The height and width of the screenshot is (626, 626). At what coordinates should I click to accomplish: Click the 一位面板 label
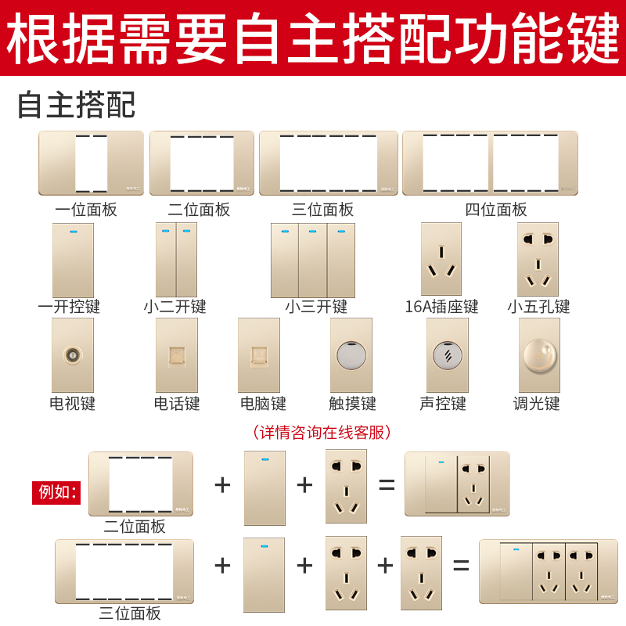coord(86,210)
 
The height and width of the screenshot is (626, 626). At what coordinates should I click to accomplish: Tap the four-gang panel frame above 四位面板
coord(490,163)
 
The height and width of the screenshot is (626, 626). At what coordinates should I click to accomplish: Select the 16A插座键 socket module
coord(441,259)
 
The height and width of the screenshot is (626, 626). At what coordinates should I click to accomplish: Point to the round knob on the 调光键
coord(538,355)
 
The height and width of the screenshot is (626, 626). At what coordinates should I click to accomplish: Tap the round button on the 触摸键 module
coord(351,355)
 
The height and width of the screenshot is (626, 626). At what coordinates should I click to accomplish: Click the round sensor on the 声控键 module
coord(448,355)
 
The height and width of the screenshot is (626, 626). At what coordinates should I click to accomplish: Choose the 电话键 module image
coord(177,355)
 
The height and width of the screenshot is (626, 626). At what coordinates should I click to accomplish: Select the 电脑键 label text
coord(263,404)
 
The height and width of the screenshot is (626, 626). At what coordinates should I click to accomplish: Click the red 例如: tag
coord(56,492)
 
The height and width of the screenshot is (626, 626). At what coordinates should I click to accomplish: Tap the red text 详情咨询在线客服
coord(322,432)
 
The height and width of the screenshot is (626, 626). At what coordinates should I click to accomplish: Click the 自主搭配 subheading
coord(76,105)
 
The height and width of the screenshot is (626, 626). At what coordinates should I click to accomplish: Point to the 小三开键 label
coord(315,307)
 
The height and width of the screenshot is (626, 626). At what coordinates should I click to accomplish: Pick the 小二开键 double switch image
coord(176,260)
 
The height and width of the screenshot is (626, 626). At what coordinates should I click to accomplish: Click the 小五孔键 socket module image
coord(538,259)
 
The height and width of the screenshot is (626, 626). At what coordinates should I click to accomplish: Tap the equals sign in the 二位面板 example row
coord(387,485)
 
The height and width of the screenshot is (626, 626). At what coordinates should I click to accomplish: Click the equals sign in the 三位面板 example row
coord(461,565)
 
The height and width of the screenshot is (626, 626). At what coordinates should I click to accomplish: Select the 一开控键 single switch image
coord(73,261)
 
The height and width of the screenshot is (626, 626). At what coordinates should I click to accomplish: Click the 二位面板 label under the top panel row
coord(199,210)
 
